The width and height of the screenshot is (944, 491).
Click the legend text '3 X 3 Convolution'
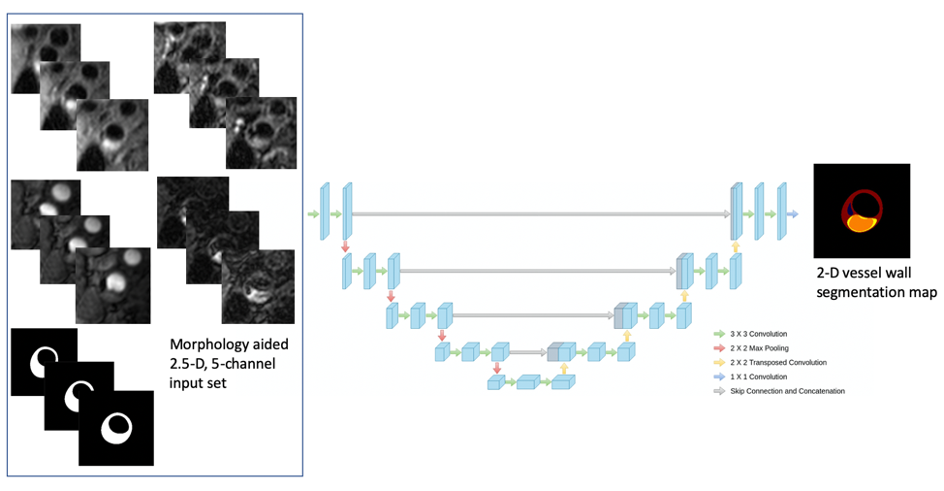click(x=759, y=334)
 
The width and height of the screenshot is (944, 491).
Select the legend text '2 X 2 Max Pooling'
click(x=759, y=347)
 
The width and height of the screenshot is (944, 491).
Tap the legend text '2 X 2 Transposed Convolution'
click(x=778, y=362)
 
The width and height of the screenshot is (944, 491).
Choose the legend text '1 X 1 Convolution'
click(x=759, y=376)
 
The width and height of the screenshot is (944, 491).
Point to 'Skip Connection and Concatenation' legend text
click(x=787, y=391)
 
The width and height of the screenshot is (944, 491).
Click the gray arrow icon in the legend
click(x=719, y=391)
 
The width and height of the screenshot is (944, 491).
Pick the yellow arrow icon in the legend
click(x=719, y=362)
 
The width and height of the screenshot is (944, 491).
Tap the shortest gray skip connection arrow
click(x=528, y=352)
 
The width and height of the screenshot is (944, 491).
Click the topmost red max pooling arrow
click(x=345, y=247)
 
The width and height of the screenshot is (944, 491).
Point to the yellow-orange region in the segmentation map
click(x=860, y=223)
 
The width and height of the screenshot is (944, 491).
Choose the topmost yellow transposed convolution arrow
click(x=736, y=247)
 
